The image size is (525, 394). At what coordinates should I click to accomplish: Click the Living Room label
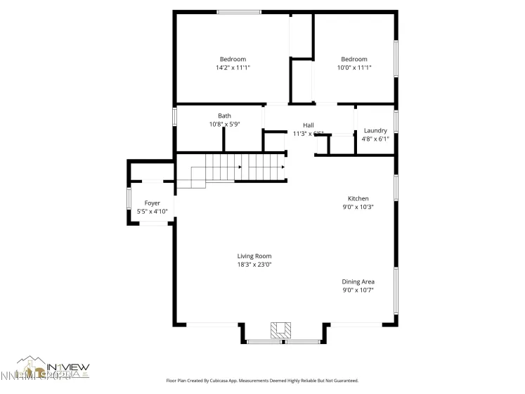coord(254,256)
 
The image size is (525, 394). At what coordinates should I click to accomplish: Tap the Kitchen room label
coord(358,198)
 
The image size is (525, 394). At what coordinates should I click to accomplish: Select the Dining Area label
coord(358,281)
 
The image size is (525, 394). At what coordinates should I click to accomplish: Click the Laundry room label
coord(375,130)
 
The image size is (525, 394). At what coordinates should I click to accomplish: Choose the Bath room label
coord(224,115)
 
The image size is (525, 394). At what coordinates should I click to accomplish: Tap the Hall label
coord(308,125)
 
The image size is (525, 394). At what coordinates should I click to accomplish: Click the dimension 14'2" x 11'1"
coord(233,68)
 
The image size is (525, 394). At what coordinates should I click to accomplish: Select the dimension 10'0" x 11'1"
coord(354,68)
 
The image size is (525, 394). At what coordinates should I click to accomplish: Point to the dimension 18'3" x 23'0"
coord(254,265)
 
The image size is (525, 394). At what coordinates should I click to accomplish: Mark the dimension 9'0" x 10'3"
coord(358,207)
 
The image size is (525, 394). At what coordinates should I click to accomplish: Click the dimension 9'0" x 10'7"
coord(358,290)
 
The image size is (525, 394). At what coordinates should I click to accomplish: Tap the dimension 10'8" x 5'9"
coord(224,124)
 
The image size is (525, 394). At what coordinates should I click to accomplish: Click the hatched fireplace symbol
coord(282,329)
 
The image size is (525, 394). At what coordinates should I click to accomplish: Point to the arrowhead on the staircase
coord(240,167)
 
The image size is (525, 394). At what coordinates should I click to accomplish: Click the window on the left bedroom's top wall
coord(239,12)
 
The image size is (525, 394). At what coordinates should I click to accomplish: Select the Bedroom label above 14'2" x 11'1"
coord(233,59)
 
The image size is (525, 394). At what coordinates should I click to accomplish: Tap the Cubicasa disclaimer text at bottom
coord(262,381)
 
